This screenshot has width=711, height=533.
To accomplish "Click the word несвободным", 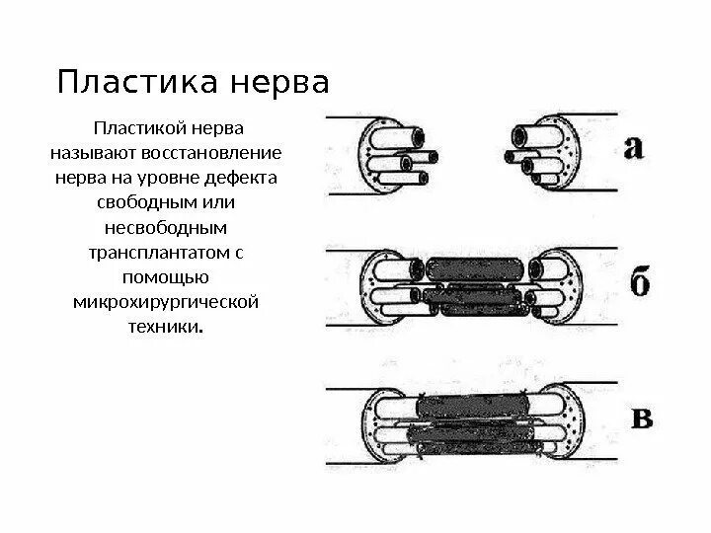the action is pos(166,228).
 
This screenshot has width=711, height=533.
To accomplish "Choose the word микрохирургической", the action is pos(166,301).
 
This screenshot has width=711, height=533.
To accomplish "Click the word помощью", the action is pos(166,277).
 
